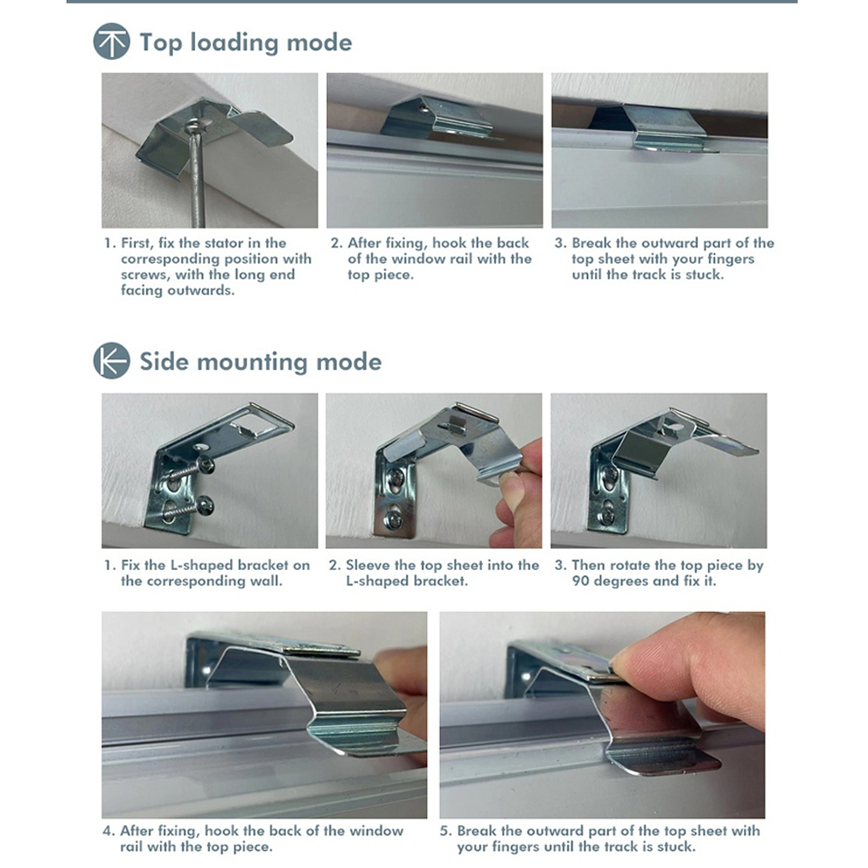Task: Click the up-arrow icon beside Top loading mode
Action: click(x=112, y=41)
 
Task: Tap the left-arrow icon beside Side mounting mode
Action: click(x=112, y=360)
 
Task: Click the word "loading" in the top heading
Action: click(x=235, y=43)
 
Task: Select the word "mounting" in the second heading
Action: click(x=252, y=363)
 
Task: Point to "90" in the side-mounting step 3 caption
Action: click(x=580, y=581)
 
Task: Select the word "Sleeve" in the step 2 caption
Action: click(x=366, y=565)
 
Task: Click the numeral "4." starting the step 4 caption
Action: click(x=109, y=831)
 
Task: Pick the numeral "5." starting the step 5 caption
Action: click(x=446, y=831)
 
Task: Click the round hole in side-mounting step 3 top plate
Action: click(x=675, y=428)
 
